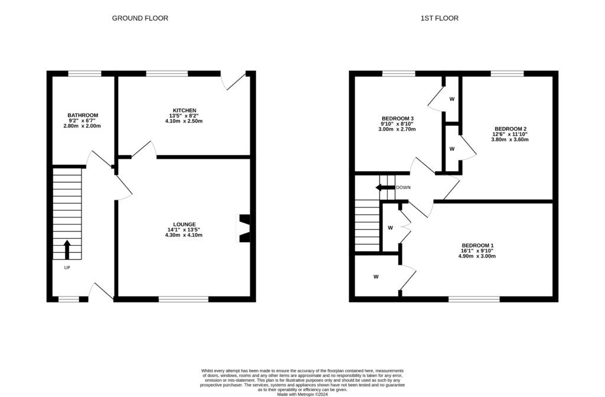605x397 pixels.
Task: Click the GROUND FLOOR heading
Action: point(140,18)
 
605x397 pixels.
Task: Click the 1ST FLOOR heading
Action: point(439,18)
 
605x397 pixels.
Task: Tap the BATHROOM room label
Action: point(83,115)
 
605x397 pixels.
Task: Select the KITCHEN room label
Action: point(184,110)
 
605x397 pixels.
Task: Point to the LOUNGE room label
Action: point(184,224)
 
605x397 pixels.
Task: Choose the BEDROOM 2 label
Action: point(510,129)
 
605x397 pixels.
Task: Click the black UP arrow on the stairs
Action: point(67,249)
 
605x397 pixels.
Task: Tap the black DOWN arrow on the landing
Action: point(385,188)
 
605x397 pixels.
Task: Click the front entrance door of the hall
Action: point(100,291)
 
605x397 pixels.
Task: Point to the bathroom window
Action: point(84,73)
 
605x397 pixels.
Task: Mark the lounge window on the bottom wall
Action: point(183,299)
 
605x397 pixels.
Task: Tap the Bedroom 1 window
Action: point(474,299)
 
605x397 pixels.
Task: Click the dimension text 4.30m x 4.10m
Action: point(184,235)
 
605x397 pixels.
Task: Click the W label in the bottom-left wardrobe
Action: point(376,276)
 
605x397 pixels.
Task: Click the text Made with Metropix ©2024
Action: point(302,394)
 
